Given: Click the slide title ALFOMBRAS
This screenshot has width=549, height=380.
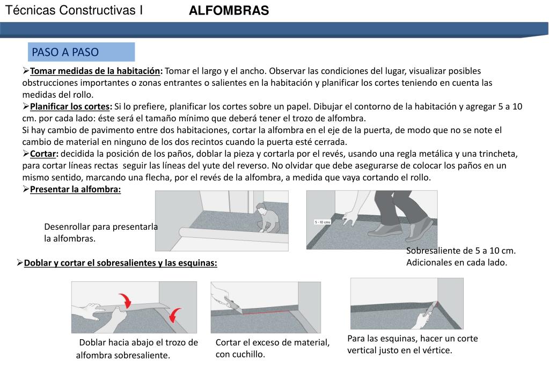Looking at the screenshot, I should pos(229,11).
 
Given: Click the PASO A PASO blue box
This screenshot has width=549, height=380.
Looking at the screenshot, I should pos(81,52).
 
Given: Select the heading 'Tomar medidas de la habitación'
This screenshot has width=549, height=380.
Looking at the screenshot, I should pos(96,71).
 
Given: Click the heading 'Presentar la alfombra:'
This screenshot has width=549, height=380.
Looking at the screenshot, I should pos(76,189).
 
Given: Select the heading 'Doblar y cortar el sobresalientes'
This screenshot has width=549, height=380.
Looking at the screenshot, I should pos(120,263).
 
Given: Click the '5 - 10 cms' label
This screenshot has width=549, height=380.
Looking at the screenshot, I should pos(322,222).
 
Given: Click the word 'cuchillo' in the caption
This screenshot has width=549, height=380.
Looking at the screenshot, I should pos(248,354).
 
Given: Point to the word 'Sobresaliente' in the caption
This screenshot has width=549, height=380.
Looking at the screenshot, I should pos(433,251).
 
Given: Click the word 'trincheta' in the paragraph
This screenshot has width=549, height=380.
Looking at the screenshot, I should pos(498,154).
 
